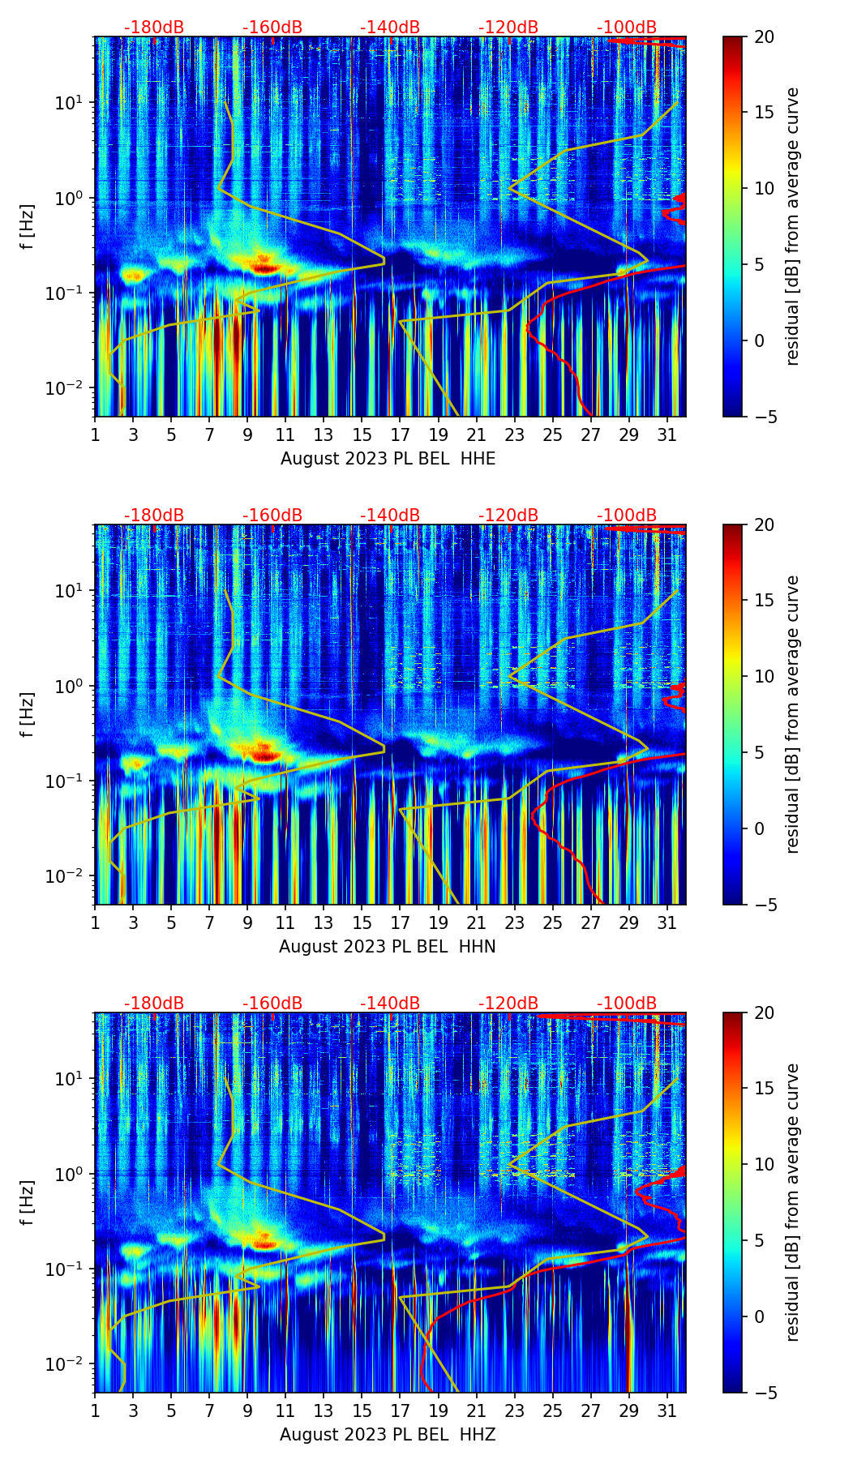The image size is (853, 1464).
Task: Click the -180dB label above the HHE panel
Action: point(154,28)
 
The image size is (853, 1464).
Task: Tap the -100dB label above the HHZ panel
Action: point(627,1004)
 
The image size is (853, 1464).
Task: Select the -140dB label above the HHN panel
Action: point(390,516)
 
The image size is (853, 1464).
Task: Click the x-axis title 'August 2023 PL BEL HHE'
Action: point(388,459)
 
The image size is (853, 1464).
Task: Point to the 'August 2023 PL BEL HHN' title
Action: point(388,947)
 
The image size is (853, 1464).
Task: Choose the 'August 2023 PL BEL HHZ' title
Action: point(388,1435)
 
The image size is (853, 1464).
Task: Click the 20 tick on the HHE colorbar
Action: point(764,36)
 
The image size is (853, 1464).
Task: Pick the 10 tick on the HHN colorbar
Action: point(764,676)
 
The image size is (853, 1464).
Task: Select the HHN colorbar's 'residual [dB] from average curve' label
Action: point(793,714)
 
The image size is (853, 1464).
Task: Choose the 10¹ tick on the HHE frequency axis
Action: point(75,103)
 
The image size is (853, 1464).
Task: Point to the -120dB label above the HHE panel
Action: point(508,28)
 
